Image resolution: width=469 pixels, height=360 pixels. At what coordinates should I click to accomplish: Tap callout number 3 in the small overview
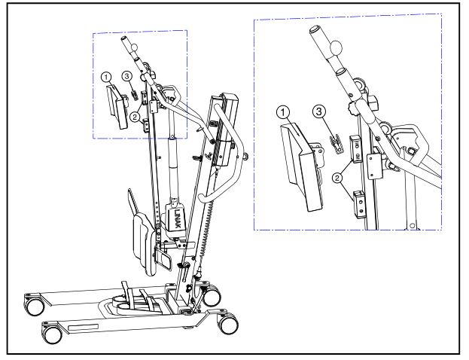(x=127, y=77)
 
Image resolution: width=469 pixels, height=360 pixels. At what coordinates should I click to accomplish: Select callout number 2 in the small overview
(x=134, y=116)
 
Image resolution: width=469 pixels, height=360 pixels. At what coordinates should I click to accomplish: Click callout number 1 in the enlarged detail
(x=283, y=112)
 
